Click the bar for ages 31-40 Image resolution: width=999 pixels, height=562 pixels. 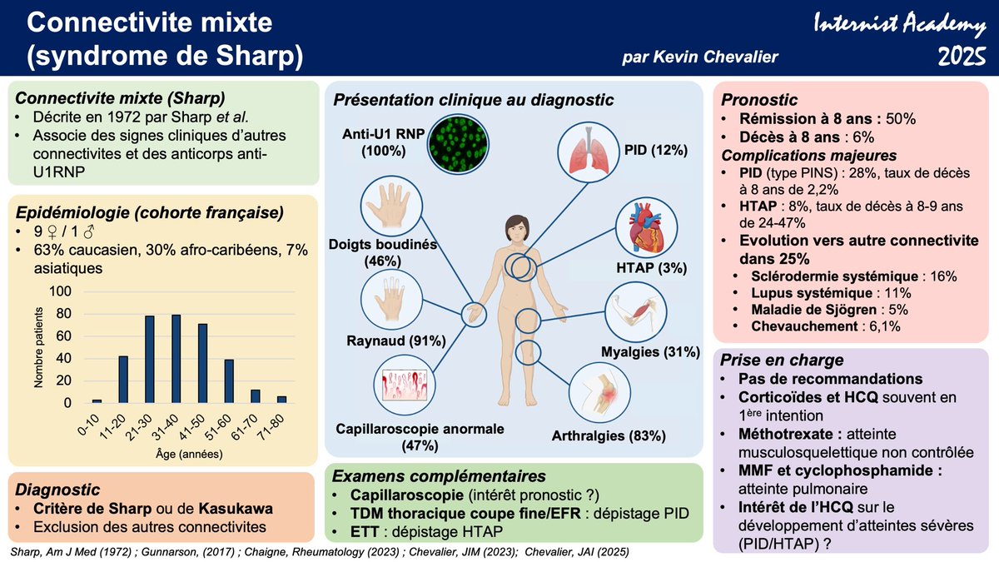[x=176, y=359]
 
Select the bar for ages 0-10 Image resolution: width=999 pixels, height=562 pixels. [x=97, y=401]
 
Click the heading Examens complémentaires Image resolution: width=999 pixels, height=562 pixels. [x=439, y=476]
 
